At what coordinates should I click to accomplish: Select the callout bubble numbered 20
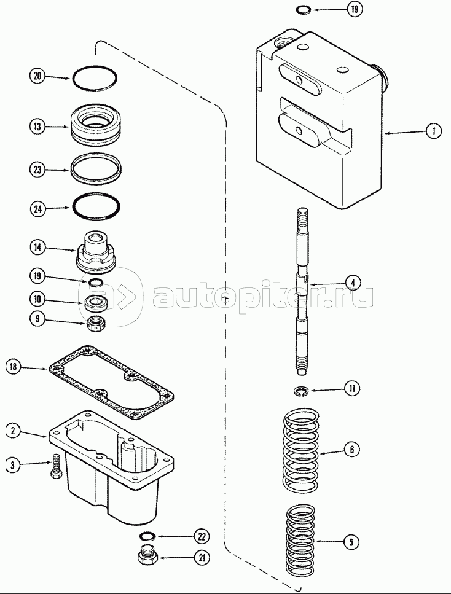tap(37, 76)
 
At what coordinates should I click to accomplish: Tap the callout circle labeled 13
tap(37, 127)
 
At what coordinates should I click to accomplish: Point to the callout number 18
tap(14, 367)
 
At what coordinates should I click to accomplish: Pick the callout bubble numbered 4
tap(351, 283)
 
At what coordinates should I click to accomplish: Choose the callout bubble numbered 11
tap(351, 388)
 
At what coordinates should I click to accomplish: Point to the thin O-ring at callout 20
tap(94, 77)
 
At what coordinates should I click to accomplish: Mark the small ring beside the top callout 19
tap(302, 9)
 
